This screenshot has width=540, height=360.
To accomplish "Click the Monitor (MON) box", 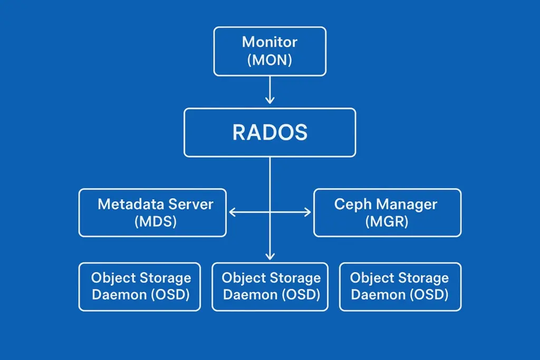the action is pos(269,51).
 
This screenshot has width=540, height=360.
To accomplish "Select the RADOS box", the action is pos(269,132).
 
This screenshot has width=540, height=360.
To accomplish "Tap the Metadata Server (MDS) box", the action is pos(152,213).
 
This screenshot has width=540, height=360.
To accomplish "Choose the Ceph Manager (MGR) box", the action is pos(388,213).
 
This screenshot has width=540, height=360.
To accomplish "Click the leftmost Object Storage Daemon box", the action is pos(139,287).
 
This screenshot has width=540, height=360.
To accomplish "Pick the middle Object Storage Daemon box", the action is pos(270,287).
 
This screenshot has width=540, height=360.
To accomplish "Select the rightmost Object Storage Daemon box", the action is pos(400,287).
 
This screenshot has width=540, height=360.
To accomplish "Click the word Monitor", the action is pos(269,42).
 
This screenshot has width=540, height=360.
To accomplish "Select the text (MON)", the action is pos(269,60).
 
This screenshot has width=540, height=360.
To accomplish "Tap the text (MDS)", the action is pos(156,221).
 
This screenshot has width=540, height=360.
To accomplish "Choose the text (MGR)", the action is pos(387,221).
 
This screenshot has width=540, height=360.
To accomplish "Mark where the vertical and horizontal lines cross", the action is pos(269,212).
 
